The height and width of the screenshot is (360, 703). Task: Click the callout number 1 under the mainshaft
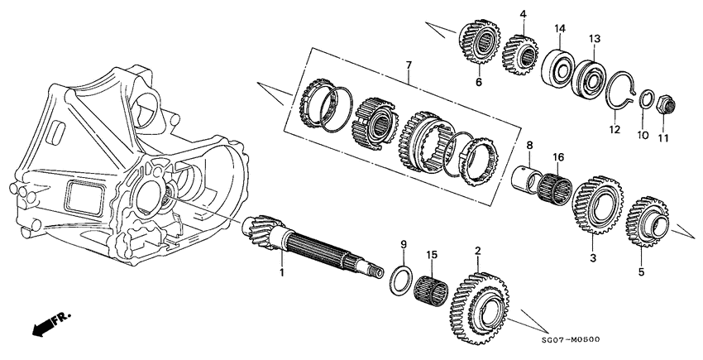tap(281, 271)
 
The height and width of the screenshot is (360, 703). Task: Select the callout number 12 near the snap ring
tap(613, 130)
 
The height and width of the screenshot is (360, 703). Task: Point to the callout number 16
tap(559, 156)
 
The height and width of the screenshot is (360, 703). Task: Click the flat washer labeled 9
tap(403, 279)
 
